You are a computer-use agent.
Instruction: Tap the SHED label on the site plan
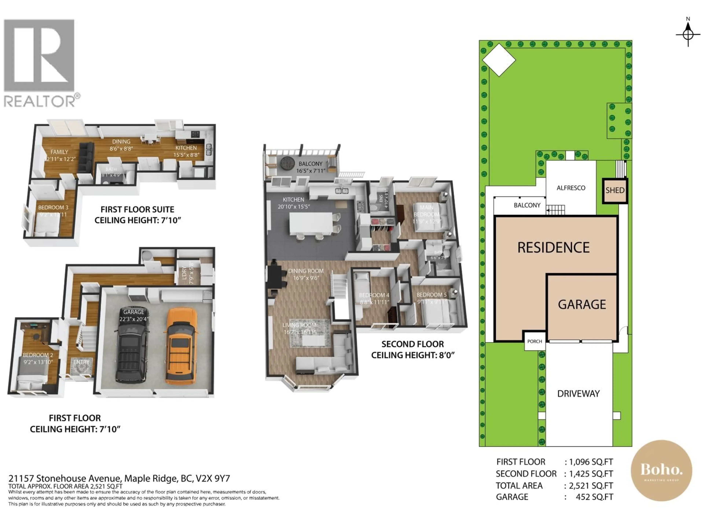tap(615, 190)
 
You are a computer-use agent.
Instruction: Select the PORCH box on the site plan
tap(534, 341)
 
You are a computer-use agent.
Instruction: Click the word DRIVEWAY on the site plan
tap(578, 394)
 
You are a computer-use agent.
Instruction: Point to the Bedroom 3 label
tap(53, 208)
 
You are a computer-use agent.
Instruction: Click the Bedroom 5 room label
tap(432, 295)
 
